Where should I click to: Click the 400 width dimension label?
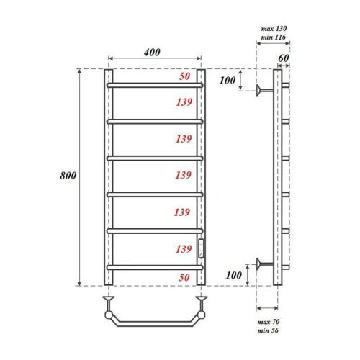click(151, 52)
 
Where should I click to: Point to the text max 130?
click(271, 28)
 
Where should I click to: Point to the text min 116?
click(271, 37)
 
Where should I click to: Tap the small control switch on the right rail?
click(202, 248)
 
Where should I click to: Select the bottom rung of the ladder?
click(156, 268)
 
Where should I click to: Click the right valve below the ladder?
click(202, 296)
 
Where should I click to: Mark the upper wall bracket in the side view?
click(265, 90)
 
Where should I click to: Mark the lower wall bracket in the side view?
click(265, 265)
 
